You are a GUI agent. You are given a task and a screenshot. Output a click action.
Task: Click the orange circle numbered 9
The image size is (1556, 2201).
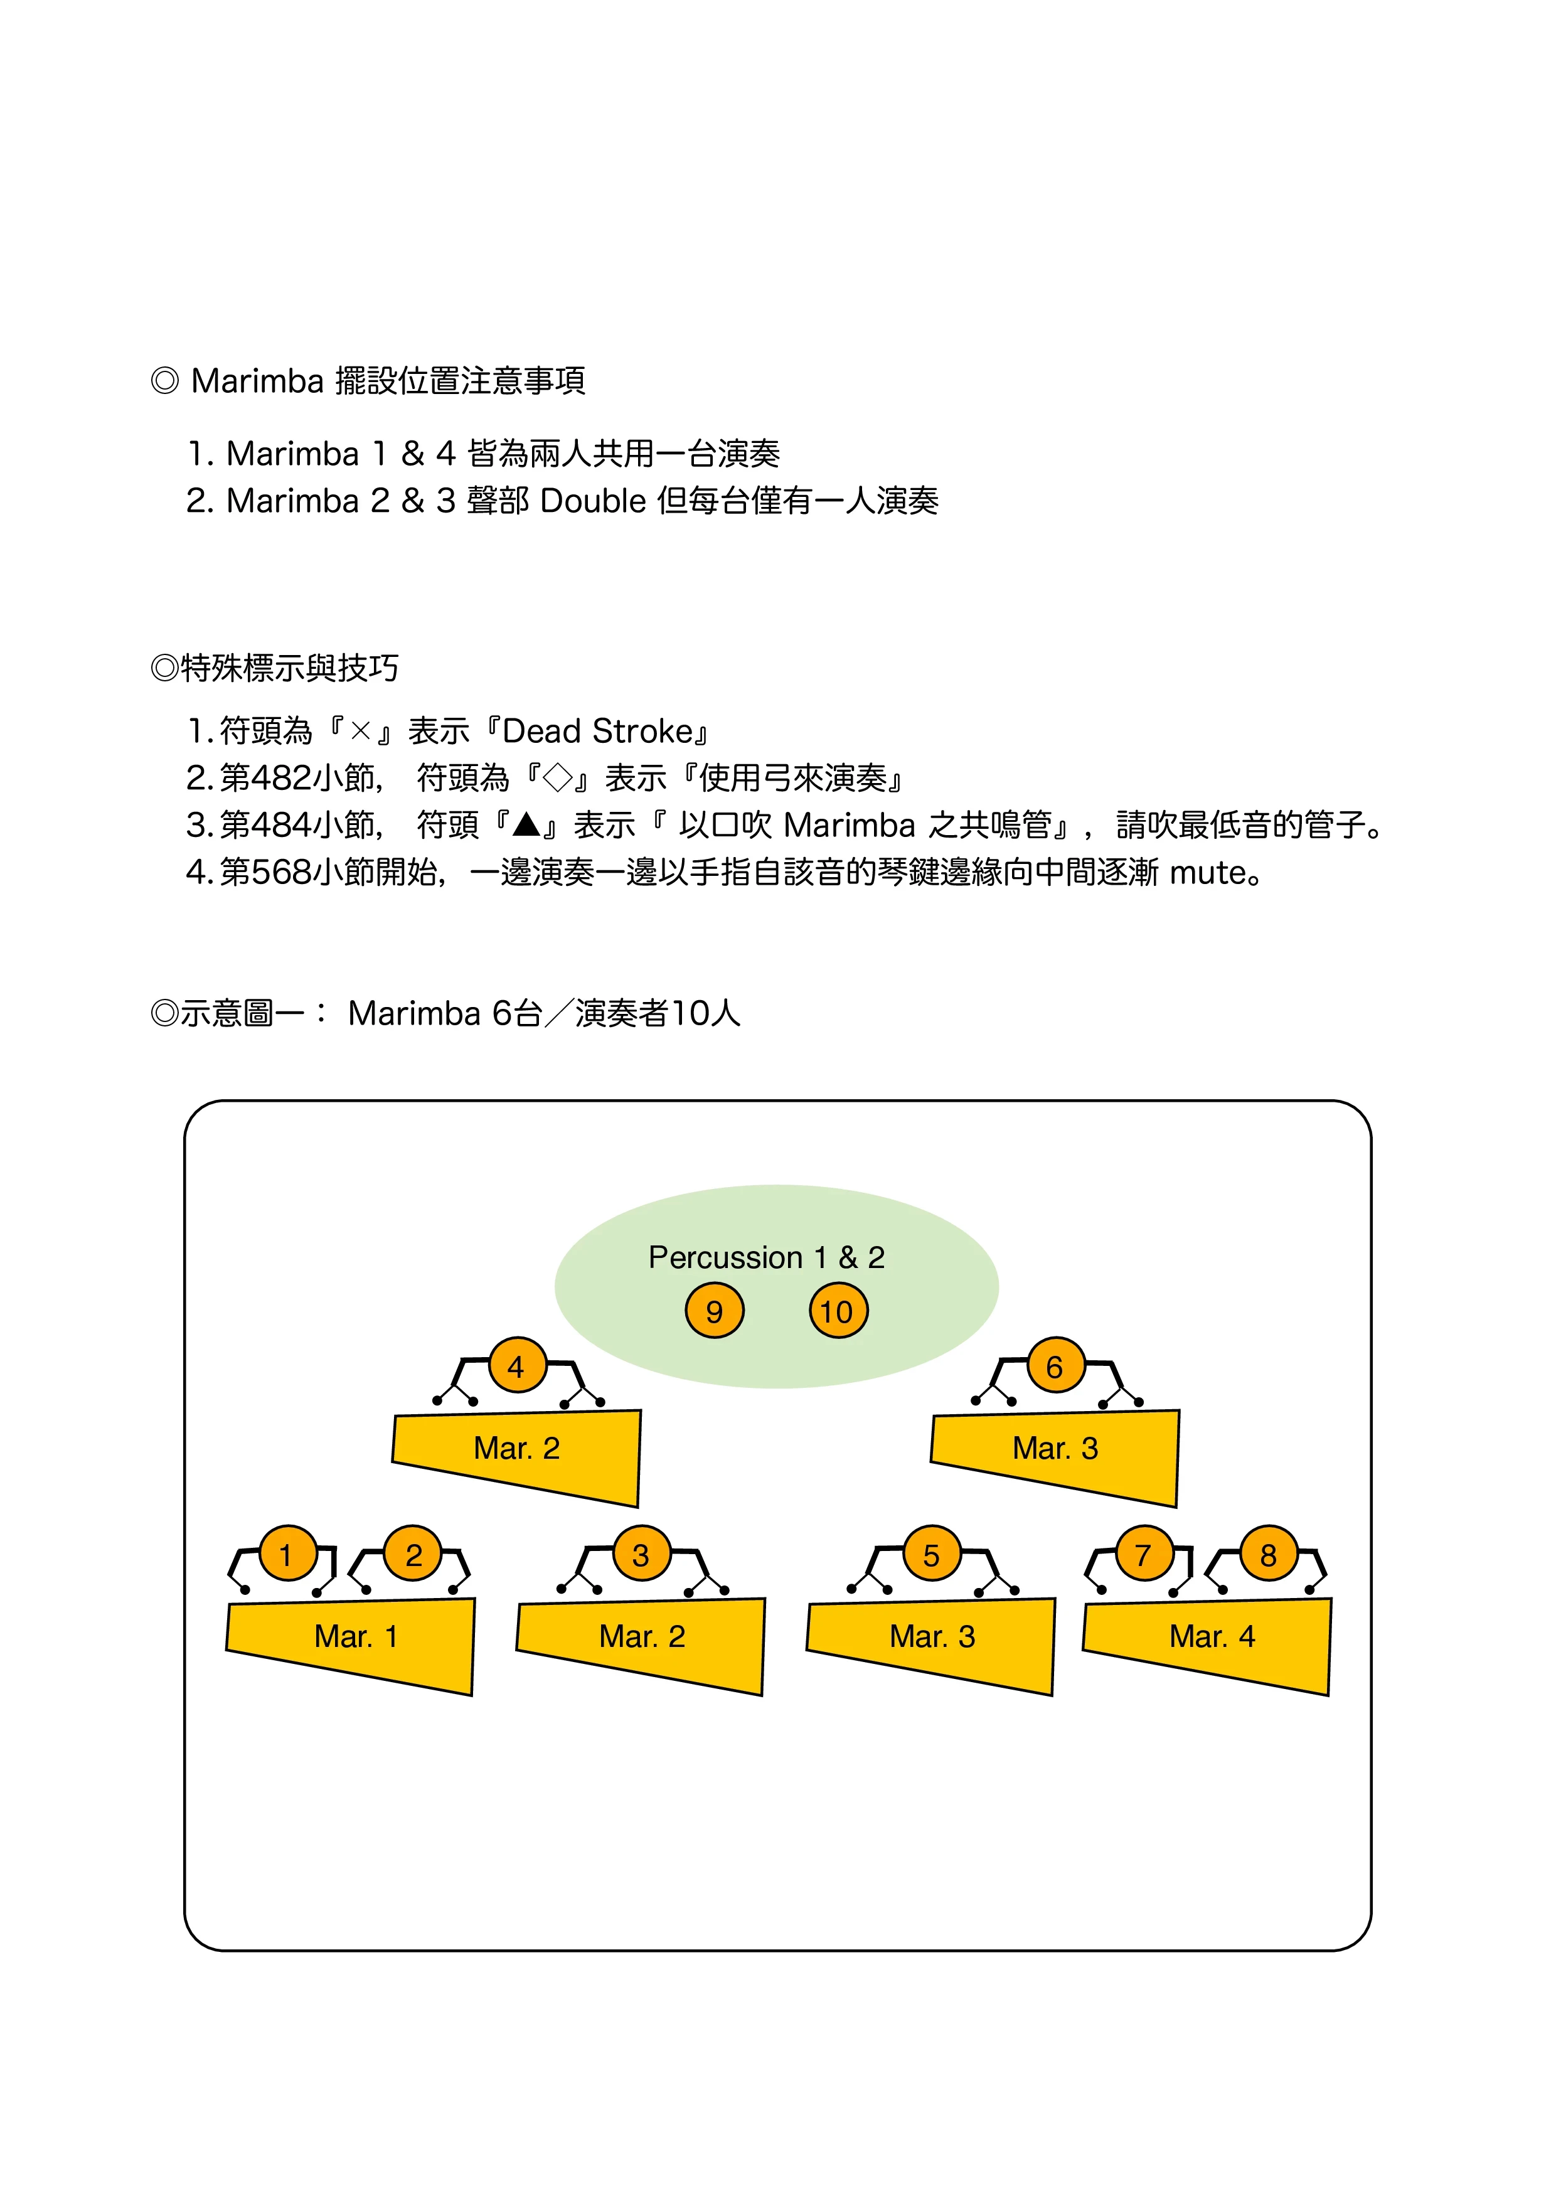pyautogui.click(x=714, y=1311)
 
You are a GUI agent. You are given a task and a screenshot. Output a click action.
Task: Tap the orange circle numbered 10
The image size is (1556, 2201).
pyautogui.click(x=838, y=1311)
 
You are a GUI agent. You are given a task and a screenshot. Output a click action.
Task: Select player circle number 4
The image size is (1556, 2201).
pyautogui.click(x=517, y=1366)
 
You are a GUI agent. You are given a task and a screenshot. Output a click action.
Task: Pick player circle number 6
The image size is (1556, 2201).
pyautogui.click(x=1055, y=1366)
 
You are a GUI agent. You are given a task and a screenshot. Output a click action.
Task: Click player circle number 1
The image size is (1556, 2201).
pyautogui.click(x=285, y=1554)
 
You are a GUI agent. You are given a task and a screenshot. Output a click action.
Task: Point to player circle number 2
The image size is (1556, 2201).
pyautogui.click(x=413, y=1554)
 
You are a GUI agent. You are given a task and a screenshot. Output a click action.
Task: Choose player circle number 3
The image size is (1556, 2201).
pyautogui.click(x=641, y=1554)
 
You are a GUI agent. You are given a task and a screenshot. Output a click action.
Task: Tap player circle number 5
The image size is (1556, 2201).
pyautogui.click(x=931, y=1554)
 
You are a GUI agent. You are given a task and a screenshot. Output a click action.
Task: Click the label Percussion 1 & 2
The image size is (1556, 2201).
pyautogui.click(x=766, y=1257)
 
